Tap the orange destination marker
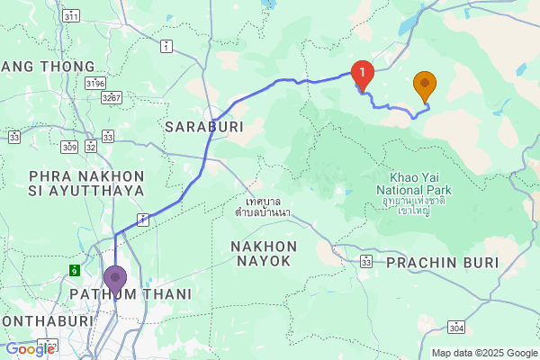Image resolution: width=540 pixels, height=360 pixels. tap(425, 85)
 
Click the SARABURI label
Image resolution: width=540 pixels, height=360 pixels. tap(199, 128)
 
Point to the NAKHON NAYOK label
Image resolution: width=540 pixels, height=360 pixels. tap(262, 253)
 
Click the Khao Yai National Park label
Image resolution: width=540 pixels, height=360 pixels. tap(414, 184)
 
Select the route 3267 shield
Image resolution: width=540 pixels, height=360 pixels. tap(112, 97)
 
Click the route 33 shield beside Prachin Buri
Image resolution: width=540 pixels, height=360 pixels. tap(365, 261)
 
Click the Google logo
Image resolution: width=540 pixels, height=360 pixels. tap(30, 349)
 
